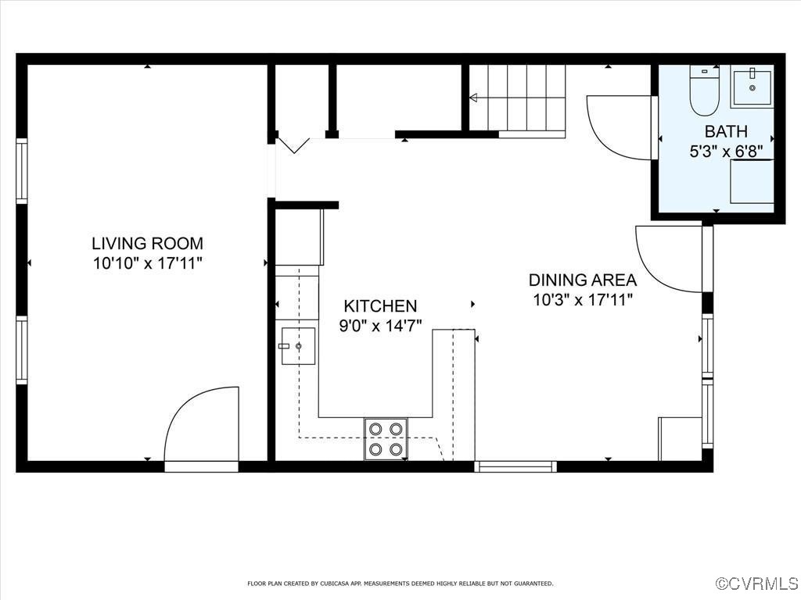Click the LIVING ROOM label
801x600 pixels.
(x=147, y=243)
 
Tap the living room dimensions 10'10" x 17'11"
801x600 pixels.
(x=147, y=263)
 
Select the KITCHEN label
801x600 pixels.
(x=380, y=306)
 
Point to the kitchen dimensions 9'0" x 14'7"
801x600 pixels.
(x=380, y=326)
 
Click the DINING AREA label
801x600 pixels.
(x=582, y=280)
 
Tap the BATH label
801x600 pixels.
(x=726, y=131)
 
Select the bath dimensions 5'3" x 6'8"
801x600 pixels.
(x=726, y=151)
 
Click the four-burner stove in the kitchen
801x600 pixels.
(x=386, y=438)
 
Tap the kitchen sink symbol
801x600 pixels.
(x=298, y=346)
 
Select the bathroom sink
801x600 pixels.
(x=752, y=86)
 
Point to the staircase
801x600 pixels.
(x=526, y=98)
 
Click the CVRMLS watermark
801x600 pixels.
(x=757, y=584)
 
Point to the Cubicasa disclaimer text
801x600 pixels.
(x=400, y=584)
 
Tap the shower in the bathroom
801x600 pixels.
(x=752, y=181)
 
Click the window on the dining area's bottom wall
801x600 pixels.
(x=515, y=466)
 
